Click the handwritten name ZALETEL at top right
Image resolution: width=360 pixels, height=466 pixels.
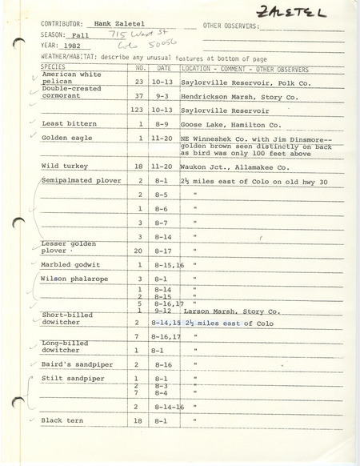pyautogui.click(x=307, y=10)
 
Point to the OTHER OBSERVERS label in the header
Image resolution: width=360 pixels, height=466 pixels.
pyautogui.click(x=231, y=26)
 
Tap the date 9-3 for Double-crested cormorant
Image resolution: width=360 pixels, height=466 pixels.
pyautogui.click(x=162, y=94)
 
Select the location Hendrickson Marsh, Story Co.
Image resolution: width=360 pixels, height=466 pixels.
pyautogui.click(x=240, y=94)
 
